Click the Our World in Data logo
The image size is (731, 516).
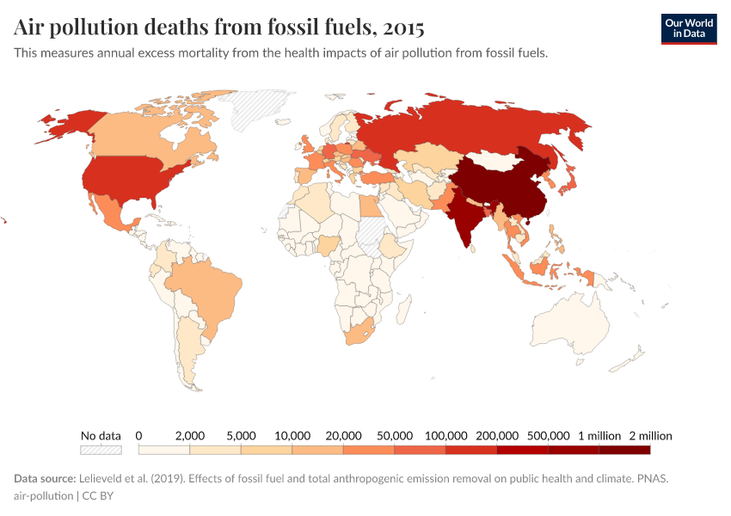click(688, 28)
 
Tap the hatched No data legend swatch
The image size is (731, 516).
click(101, 450)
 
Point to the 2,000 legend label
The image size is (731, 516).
click(190, 435)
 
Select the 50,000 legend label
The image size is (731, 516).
click(395, 435)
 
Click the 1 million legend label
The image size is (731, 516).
click(599, 435)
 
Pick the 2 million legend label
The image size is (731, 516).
click(649, 435)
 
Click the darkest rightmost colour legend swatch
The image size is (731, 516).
click(624, 450)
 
